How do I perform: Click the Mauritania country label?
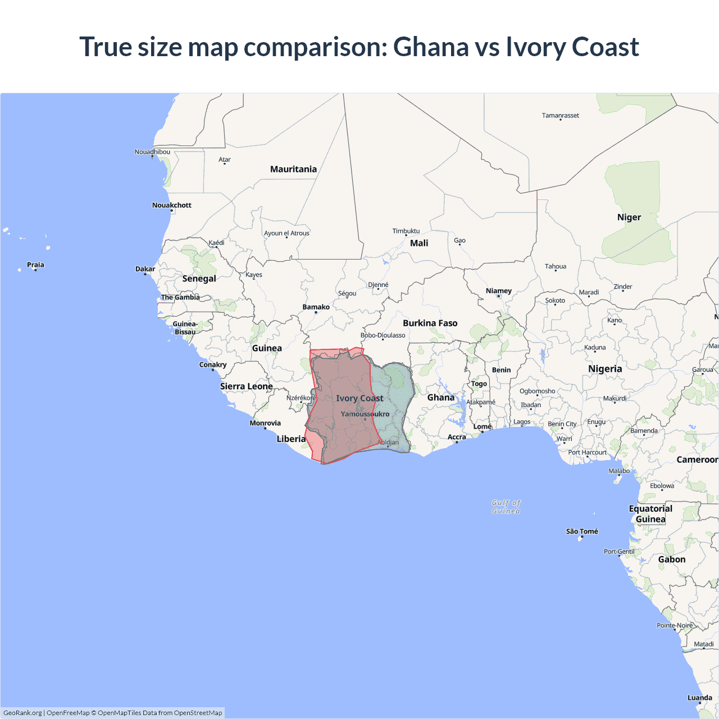tap(293, 169)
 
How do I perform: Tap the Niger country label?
tap(629, 217)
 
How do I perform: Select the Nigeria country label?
tap(605, 369)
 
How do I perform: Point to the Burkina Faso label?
tap(430, 323)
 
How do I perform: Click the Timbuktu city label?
tap(406, 231)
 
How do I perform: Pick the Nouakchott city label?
tap(171, 205)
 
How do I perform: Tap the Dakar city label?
tap(145, 269)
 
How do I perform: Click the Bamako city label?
tap(316, 307)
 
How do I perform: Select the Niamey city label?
tap(498, 291)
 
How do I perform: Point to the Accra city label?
tap(456, 437)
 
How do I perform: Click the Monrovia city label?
tap(265, 423)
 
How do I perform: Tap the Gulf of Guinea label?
tap(506, 507)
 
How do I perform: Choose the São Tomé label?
tap(581, 531)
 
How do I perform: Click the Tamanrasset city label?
tap(560, 116)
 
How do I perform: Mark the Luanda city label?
tap(699, 698)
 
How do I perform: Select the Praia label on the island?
tap(35, 265)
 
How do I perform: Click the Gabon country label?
tap(671, 559)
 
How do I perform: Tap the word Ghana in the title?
tap(431, 47)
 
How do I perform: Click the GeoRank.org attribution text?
tap(22, 713)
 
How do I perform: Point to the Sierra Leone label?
tap(246, 386)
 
